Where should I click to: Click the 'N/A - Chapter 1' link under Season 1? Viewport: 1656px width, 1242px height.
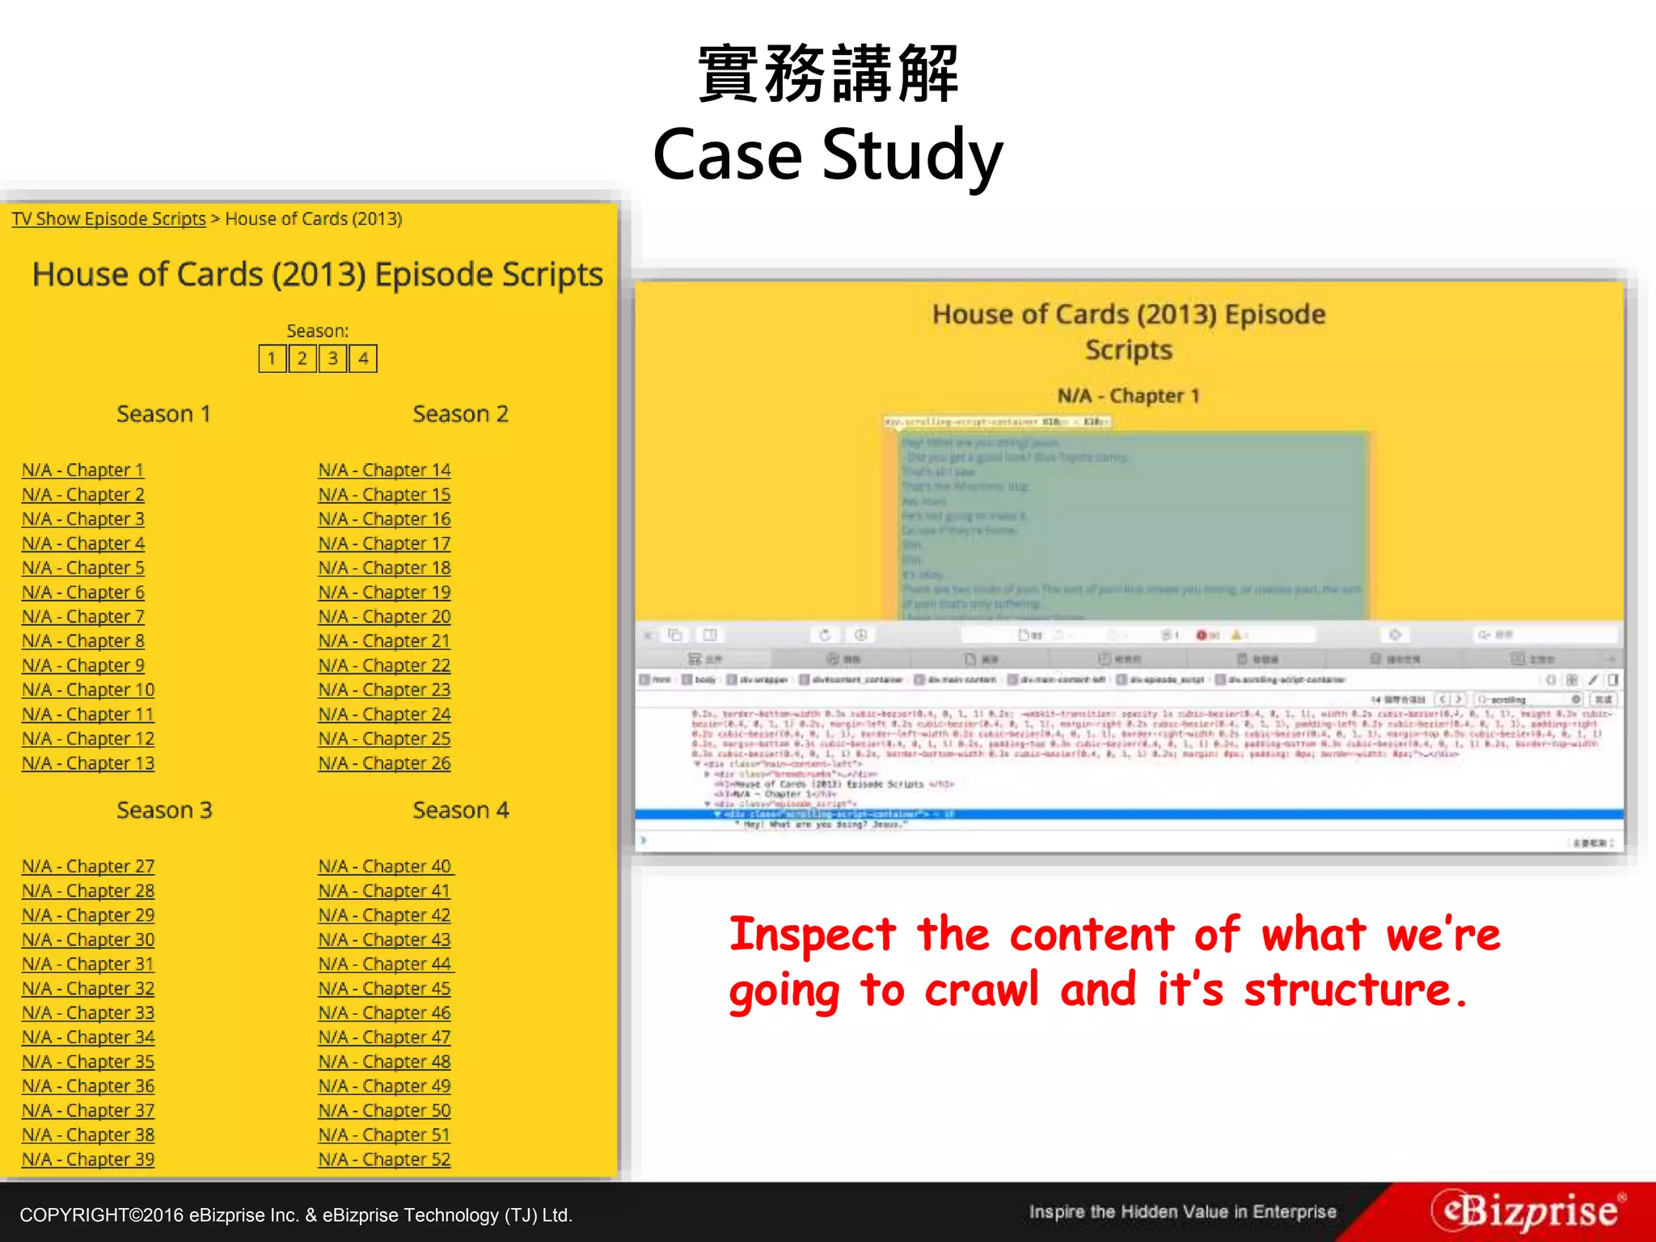tap(82, 470)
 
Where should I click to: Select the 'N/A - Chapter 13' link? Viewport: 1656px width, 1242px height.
tap(87, 763)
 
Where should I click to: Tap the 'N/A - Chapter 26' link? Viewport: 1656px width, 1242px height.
tap(384, 763)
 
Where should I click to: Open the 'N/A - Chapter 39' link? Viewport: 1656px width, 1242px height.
tap(87, 1159)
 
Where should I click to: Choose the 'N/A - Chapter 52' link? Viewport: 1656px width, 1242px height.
tap(384, 1159)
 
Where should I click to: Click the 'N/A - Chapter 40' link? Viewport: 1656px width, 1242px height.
tap(384, 866)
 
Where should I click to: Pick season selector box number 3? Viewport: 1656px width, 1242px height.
tap(332, 358)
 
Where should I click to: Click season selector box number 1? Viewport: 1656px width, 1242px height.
tap(272, 358)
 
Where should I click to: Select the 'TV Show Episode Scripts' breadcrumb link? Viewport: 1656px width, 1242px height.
tap(108, 219)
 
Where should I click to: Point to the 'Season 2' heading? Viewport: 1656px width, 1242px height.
tap(460, 414)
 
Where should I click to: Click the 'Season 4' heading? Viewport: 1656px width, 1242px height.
tap(460, 810)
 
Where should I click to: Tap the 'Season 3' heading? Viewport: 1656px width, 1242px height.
tap(164, 810)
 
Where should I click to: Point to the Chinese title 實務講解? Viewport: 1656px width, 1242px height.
tap(827, 74)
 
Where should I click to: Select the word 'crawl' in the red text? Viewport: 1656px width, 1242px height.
tap(981, 990)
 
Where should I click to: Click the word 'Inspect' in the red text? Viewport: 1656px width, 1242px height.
tap(812, 935)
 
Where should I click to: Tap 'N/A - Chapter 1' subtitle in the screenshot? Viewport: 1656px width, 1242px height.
tap(1128, 395)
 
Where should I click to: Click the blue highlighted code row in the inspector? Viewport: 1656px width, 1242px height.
tap(1128, 814)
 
